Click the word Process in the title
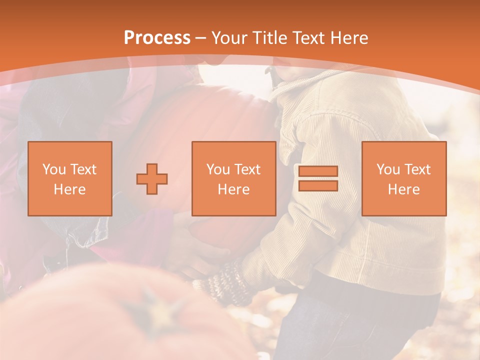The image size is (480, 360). coord(157,38)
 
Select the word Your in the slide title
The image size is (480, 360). coord(229,38)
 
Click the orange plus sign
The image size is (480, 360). coord(152,179)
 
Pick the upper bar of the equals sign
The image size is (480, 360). coord(318,171)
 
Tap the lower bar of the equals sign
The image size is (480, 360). coord(318,185)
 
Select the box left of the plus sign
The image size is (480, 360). coord(69,178)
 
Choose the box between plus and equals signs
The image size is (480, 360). coord(233,178)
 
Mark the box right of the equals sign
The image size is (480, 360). coord(403,178)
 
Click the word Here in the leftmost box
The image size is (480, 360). coord(69,189)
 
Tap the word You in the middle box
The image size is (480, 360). coord(218,169)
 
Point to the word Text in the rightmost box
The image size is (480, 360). coord(418,169)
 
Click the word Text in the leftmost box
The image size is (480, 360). coord(83,169)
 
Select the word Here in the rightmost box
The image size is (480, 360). coord(403,189)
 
